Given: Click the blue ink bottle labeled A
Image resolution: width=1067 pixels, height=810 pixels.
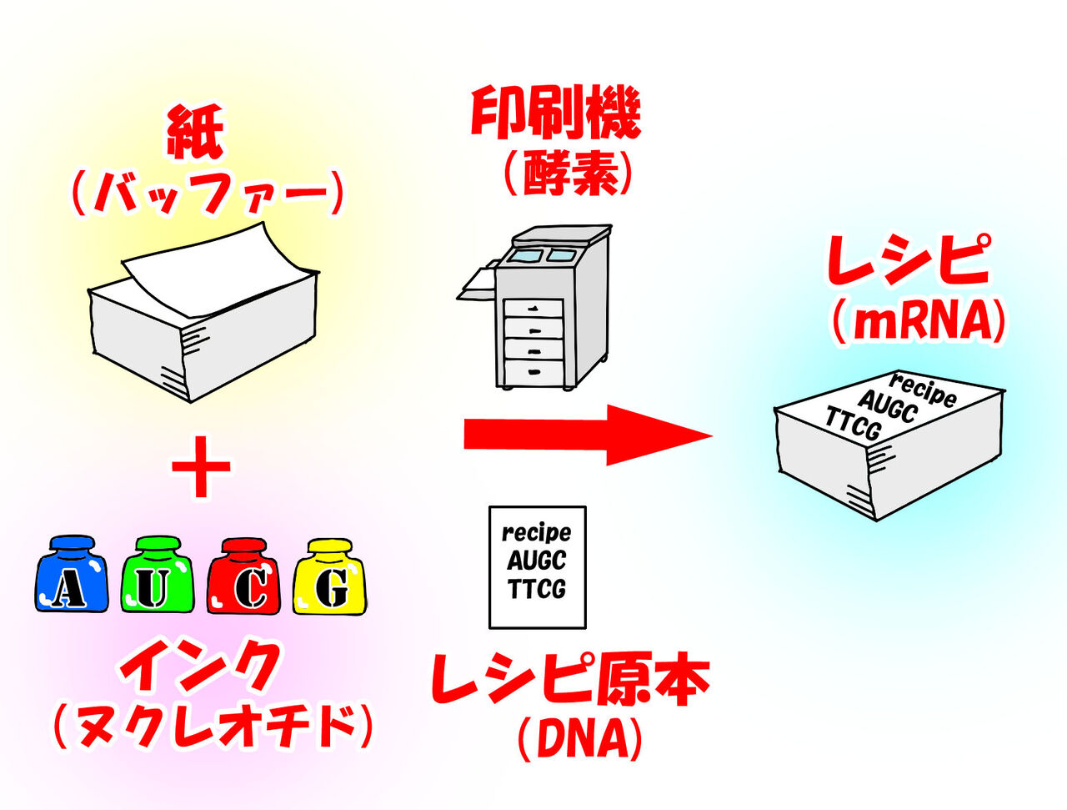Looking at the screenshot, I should click(x=71, y=576).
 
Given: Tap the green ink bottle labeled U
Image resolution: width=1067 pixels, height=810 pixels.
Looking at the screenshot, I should click(x=158, y=577).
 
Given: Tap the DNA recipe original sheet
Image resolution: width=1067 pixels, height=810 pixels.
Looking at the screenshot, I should click(x=537, y=566).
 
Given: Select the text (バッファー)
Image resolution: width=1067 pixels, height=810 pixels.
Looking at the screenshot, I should click(x=208, y=194).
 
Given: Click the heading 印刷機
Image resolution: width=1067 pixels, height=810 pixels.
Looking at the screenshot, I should click(x=556, y=114).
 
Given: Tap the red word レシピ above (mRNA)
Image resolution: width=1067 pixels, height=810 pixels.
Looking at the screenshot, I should click(x=909, y=261).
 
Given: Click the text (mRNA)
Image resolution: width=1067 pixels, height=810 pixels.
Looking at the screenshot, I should click(x=918, y=320).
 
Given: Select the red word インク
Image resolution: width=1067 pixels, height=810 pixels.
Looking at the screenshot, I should click(x=200, y=667).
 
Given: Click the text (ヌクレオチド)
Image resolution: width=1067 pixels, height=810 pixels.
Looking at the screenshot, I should click(x=212, y=725).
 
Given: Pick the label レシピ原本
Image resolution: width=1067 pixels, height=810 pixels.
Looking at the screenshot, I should click(x=569, y=680).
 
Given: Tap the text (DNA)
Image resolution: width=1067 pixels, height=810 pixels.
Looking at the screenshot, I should click(x=579, y=738).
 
